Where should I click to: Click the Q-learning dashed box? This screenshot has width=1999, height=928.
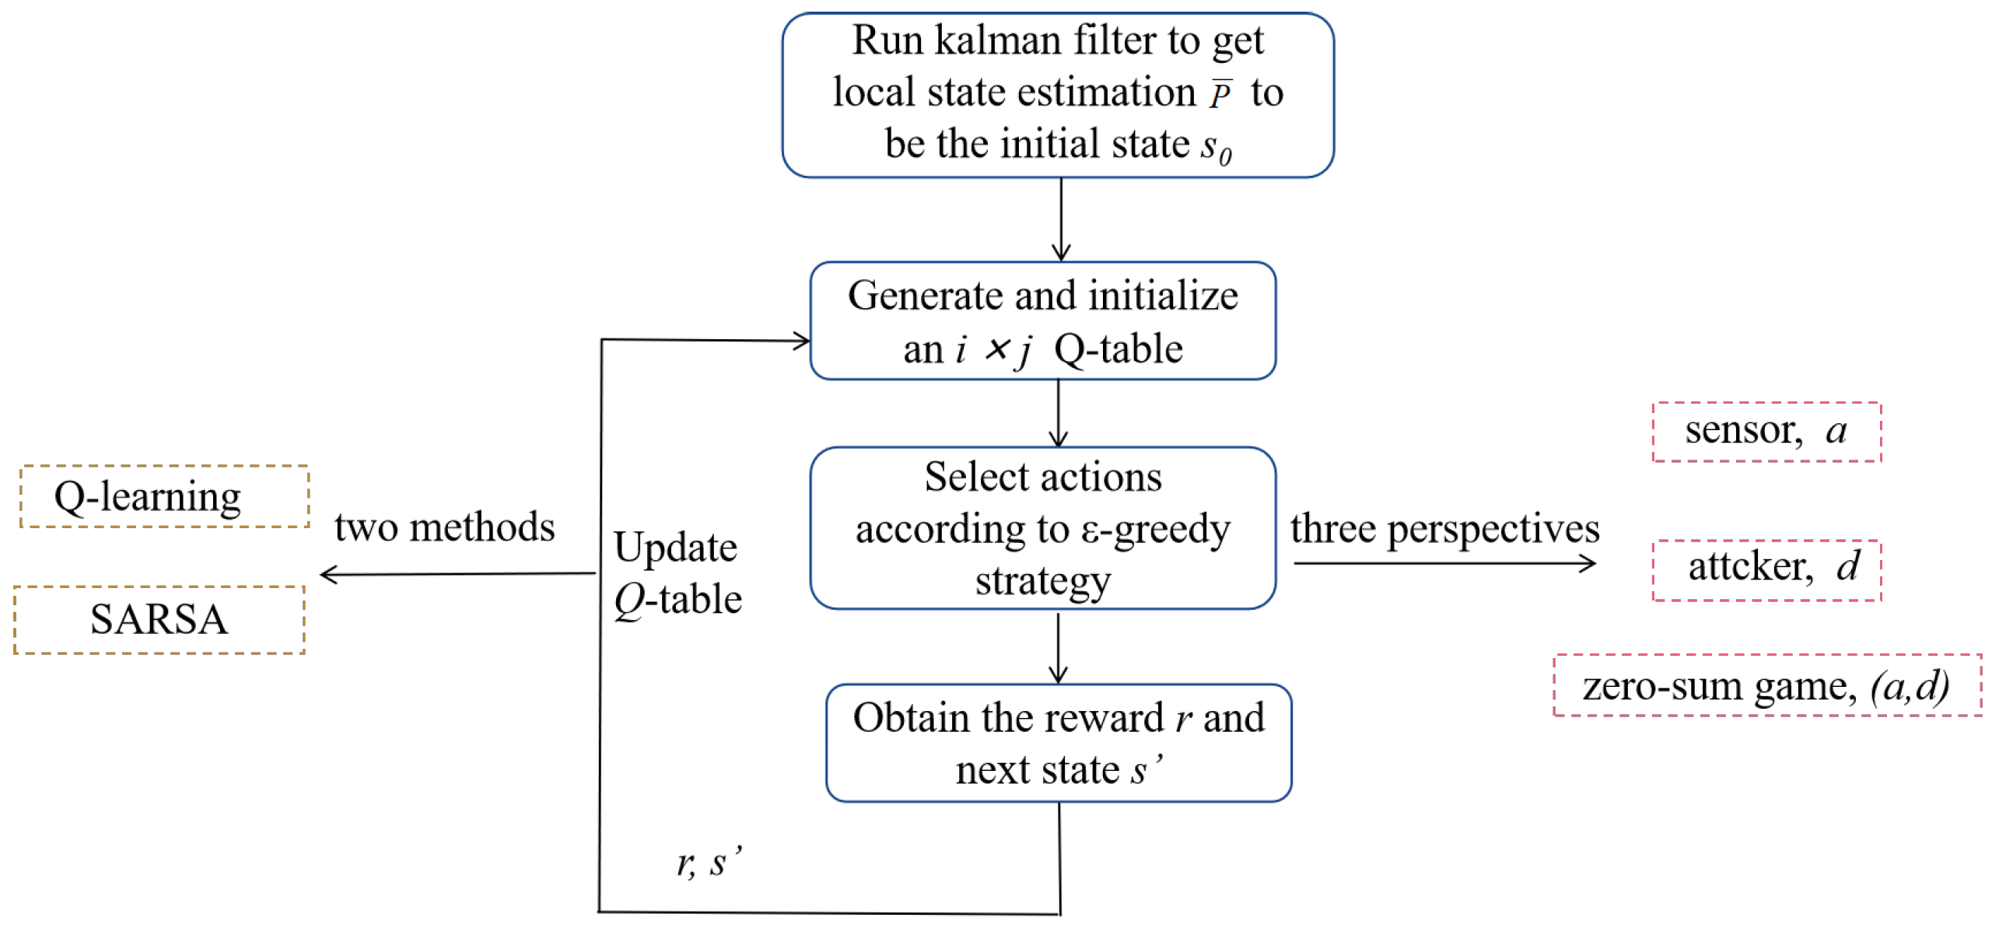[x=164, y=496]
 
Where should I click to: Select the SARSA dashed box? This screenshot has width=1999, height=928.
[x=159, y=620]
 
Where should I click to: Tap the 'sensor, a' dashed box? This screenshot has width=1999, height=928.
[x=1766, y=432]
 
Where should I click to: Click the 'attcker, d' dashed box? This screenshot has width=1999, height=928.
[x=1766, y=569]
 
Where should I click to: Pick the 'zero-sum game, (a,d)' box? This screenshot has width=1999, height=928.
[x=1766, y=685]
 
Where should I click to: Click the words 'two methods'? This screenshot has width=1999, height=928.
[x=444, y=527]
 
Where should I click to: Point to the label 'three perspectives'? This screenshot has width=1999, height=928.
[x=1444, y=529]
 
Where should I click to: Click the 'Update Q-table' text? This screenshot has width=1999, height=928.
[x=677, y=573]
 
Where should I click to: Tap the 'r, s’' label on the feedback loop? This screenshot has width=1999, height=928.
[x=708, y=862]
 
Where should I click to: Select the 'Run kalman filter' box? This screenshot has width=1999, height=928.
[x=1057, y=95]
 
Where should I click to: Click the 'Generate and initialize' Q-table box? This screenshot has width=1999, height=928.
[x=1042, y=320]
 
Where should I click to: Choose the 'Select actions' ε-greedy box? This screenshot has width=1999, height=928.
[x=1042, y=528]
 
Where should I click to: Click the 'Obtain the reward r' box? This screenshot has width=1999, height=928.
[x=1058, y=743]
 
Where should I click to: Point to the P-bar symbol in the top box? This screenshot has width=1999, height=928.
[x=1220, y=93]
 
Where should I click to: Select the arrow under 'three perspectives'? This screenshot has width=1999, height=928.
[x=1444, y=563]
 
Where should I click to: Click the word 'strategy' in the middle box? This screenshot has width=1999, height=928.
[x=1043, y=581]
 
